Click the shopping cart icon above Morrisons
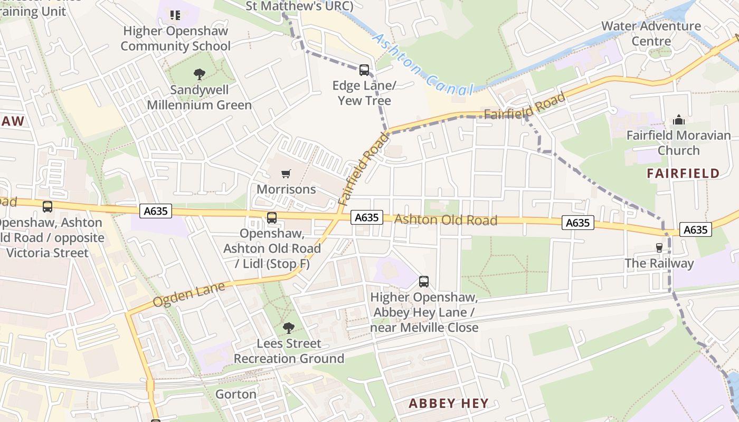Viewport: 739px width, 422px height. point(286,174)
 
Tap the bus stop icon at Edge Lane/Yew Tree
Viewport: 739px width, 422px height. point(364,70)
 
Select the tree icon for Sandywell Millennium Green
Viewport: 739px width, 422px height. point(200,74)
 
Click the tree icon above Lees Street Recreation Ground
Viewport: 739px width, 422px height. point(289,328)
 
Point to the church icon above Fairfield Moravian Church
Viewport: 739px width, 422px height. point(679,120)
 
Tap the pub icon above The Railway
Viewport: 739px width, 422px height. point(659,247)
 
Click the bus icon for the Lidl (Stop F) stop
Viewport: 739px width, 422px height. point(272,217)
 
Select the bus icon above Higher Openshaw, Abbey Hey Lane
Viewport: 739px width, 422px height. point(424,282)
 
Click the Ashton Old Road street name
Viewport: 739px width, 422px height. point(446,219)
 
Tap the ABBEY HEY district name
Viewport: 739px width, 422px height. point(448,404)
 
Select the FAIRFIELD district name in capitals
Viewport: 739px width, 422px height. point(683,173)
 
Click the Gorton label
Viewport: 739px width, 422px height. point(236,394)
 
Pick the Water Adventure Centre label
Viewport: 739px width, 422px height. point(651,33)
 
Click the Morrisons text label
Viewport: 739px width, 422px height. point(286,189)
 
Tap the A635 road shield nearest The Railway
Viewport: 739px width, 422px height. point(695,229)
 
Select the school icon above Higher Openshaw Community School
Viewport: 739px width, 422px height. point(175,15)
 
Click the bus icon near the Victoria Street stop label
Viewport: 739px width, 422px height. point(48,206)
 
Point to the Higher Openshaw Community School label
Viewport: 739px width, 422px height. point(175,38)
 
